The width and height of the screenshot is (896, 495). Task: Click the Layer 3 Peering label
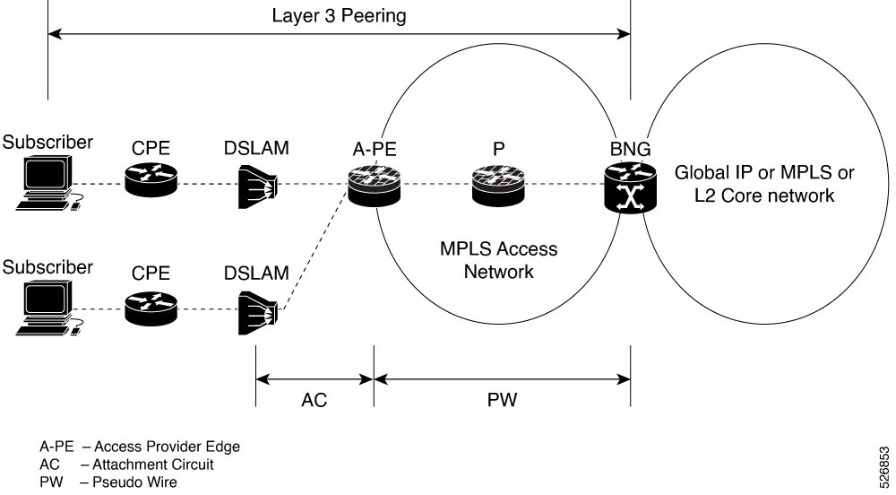click(x=338, y=15)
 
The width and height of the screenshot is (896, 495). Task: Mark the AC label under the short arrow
click(x=314, y=401)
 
